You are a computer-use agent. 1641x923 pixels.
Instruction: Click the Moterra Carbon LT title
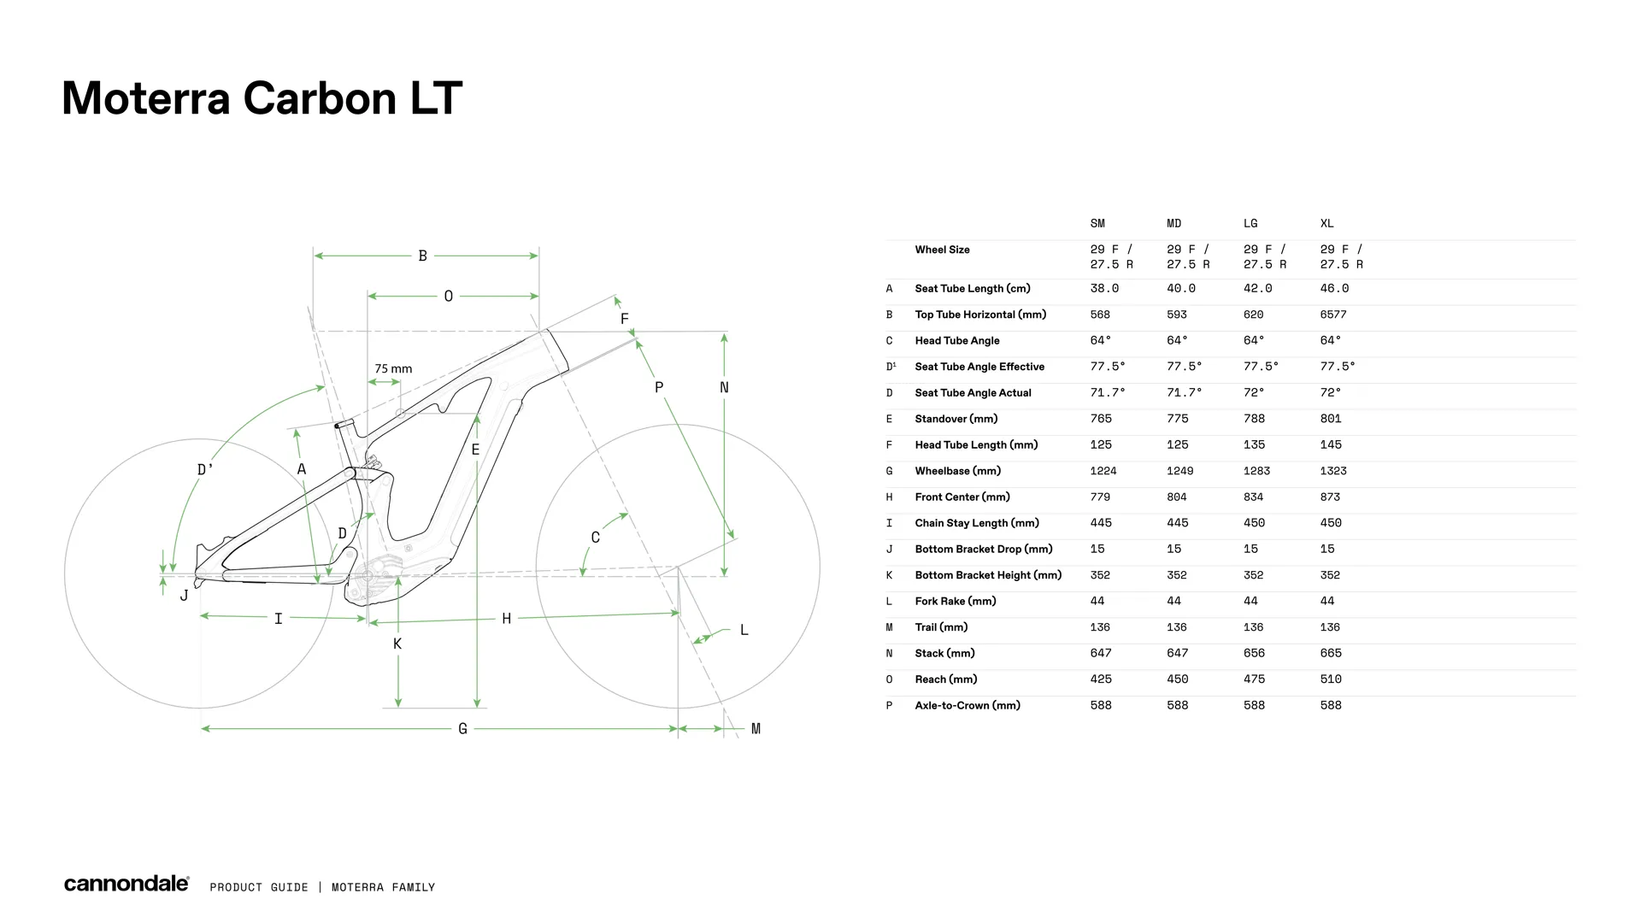(262, 98)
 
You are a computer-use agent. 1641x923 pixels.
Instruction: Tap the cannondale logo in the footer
(126, 884)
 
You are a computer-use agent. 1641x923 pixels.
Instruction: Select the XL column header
(1326, 224)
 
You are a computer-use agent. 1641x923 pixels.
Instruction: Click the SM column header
(1097, 224)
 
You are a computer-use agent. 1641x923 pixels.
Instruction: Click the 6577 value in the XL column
(1333, 315)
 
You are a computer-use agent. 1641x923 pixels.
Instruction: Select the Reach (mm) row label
(946, 679)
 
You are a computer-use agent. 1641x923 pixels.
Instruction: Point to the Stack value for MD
(1178, 654)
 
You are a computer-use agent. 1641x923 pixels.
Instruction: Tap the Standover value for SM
(1101, 419)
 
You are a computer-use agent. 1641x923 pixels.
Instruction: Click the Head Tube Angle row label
(957, 341)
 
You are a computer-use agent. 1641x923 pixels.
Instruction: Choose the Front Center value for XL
(1330, 497)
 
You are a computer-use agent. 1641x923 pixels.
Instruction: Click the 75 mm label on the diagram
(393, 369)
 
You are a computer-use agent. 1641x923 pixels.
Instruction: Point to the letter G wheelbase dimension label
(462, 729)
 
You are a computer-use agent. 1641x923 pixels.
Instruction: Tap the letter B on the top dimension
(422, 256)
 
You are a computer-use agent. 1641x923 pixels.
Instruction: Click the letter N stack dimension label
(724, 388)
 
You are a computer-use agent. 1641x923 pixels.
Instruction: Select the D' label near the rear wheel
(205, 470)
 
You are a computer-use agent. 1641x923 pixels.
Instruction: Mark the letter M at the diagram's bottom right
(756, 729)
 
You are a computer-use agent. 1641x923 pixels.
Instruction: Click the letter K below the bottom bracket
(397, 644)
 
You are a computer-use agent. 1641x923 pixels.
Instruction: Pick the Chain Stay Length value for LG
(1254, 523)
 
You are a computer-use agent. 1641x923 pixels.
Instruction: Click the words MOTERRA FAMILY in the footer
(383, 888)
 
